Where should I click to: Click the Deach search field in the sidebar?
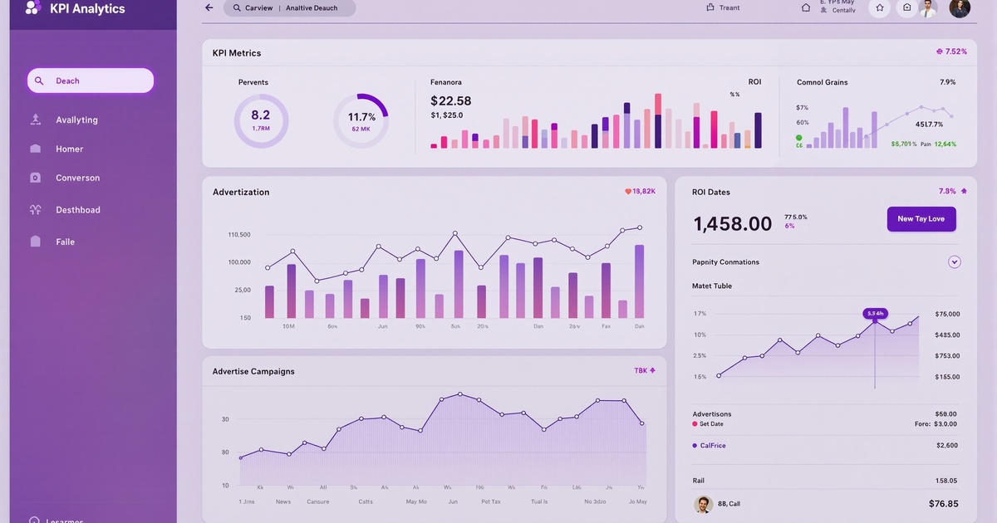coord(91,81)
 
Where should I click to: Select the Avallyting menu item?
coord(76,120)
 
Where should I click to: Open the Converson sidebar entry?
coord(77,178)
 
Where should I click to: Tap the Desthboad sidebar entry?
coord(77,210)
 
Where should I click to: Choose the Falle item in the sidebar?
coord(65,242)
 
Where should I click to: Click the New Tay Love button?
coord(921,219)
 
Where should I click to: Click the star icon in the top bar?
coord(879,8)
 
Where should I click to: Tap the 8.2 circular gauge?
coord(261,120)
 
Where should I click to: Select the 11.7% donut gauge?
coord(361,120)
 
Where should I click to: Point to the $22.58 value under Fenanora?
coord(451,100)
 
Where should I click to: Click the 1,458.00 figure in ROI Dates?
coord(732,223)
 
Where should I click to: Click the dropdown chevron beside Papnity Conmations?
coord(955,262)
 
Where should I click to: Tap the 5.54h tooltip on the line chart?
coord(875,313)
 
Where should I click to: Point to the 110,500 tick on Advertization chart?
coord(239,235)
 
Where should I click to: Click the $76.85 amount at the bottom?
coord(943,504)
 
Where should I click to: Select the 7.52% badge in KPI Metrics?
coord(951,51)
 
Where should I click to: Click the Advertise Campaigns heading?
coord(253,371)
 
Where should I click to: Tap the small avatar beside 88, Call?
coord(703,504)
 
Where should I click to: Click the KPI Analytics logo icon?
coord(33,8)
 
